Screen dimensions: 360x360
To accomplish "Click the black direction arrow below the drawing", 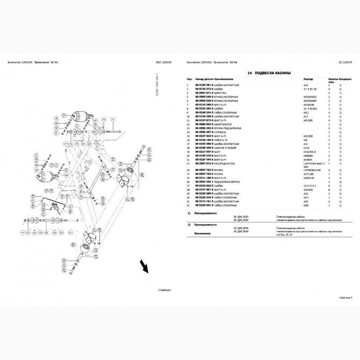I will pos(145,266).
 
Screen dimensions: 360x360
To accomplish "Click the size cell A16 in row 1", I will pos(306,85).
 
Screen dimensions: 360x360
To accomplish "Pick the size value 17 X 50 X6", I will pos(311,89).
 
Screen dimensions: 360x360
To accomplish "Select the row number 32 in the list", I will pos(188,205).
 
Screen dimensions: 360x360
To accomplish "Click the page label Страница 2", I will pos(345,296).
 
